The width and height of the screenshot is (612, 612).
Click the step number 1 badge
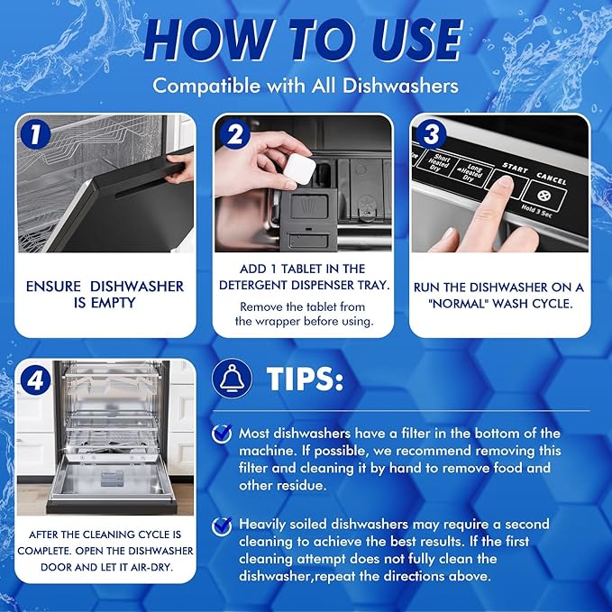click(35, 134)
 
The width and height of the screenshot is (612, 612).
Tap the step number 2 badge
click(235, 134)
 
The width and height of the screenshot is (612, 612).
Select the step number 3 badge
click(432, 134)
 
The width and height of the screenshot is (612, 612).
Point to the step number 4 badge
click(35, 380)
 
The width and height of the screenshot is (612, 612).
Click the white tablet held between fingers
click(299, 169)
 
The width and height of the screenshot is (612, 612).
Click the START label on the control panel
click(515, 168)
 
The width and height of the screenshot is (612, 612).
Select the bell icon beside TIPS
click(232, 379)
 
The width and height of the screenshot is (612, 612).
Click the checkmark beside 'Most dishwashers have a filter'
click(222, 434)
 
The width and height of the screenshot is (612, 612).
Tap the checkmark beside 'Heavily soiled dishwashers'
click(222, 526)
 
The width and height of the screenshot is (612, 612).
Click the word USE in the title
click(416, 40)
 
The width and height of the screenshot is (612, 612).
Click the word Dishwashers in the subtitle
click(400, 86)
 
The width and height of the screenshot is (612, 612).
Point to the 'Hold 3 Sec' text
click(536, 211)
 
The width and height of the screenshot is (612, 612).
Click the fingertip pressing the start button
click(504, 185)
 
